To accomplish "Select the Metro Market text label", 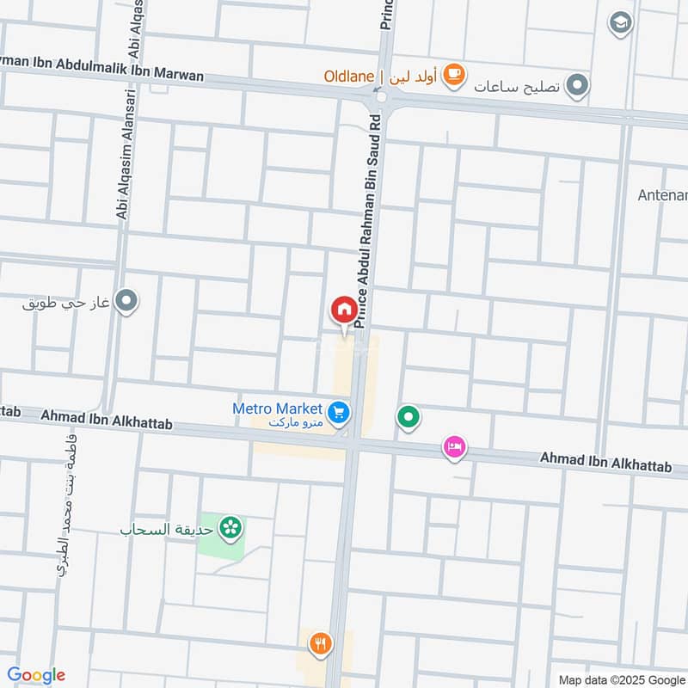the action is pos(278,408).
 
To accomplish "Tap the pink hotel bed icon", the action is pos(455,447).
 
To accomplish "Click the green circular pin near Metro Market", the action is pos(408,418).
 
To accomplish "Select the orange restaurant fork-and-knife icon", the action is pos(321,642).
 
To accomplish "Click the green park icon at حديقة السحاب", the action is pos(230,527).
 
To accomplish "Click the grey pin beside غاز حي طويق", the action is pos(128,302).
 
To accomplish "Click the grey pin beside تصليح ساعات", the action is pos(579,85).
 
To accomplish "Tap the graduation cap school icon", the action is pos(620,23).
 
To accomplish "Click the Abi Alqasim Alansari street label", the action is pos(123,163).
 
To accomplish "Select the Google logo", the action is pos(35,675).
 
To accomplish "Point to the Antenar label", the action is pos(662,195).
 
